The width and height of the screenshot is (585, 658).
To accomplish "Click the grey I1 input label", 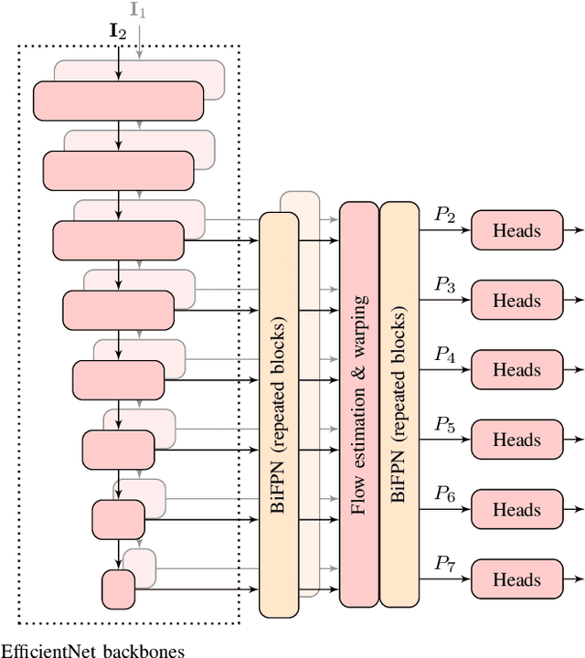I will point(138,10).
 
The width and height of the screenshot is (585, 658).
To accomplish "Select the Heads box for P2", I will point(516,231).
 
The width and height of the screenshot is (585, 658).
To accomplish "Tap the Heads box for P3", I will point(516,301).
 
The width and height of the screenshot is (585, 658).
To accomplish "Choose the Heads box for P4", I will point(516,370).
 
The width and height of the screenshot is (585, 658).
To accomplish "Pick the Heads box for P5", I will point(516,440).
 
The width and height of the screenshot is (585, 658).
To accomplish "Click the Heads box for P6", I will point(516,510).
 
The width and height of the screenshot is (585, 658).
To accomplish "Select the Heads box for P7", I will point(516,579).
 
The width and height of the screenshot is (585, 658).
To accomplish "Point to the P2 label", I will point(444,216).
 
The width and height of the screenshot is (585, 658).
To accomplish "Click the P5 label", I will point(444,425).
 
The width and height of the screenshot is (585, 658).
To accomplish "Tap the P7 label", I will point(444,564).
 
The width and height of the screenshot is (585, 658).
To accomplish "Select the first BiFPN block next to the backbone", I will point(279,414).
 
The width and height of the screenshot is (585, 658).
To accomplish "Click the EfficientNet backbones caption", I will point(92,651).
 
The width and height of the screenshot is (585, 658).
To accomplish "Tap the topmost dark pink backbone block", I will point(118,101).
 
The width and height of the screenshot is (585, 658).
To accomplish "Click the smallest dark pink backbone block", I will point(118,589).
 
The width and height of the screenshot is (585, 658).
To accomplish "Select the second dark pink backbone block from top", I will point(118,170).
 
